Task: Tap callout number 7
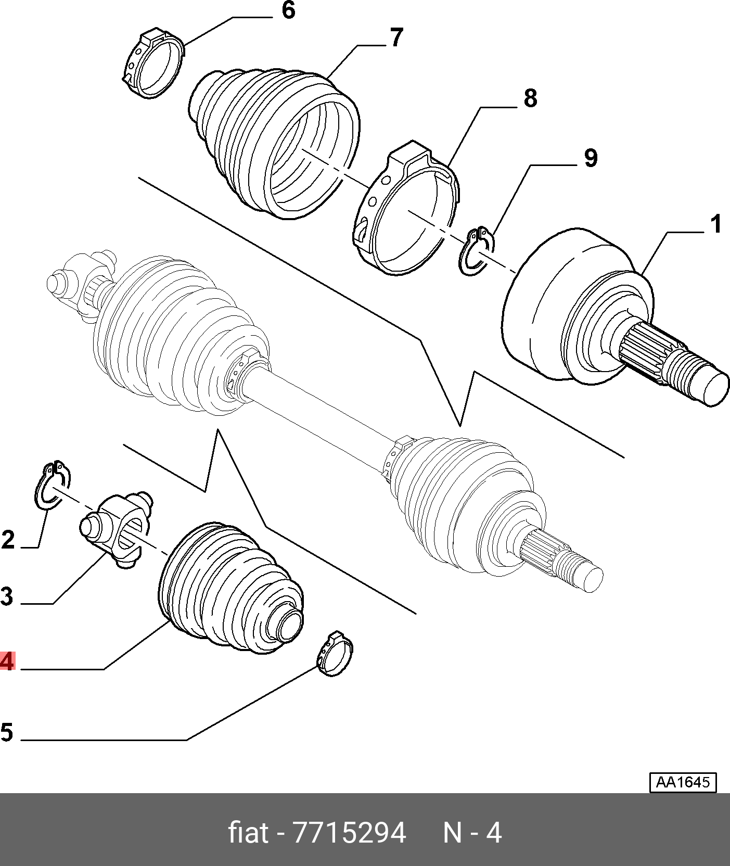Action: pos(396,37)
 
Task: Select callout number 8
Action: pos(530,98)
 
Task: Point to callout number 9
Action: pos(590,158)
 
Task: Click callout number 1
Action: pos(716,224)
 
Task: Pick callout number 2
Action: pos(8,540)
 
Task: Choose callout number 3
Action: pos(7,596)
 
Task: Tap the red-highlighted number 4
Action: pos(7,661)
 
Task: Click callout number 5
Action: pos(7,732)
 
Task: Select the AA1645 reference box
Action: pos(683,782)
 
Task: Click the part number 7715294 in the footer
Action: pos(350,833)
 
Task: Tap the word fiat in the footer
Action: pos(249,833)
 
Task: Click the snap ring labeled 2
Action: pos(52,484)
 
